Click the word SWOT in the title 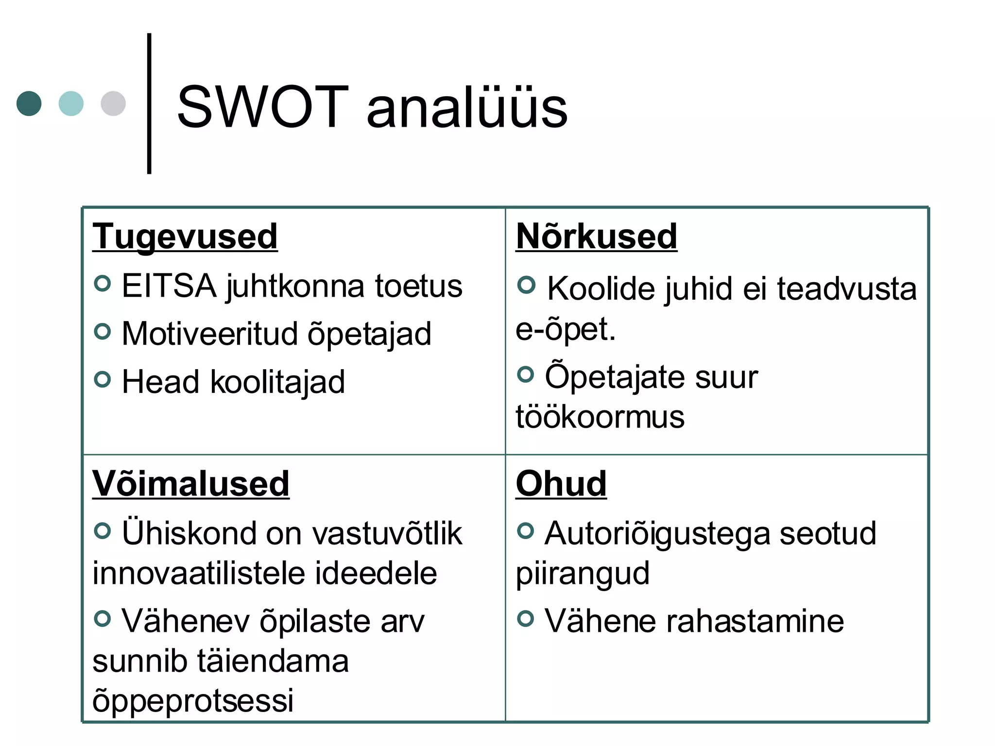click(262, 107)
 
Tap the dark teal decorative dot click(29, 103)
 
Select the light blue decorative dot click(71, 103)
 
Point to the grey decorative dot click(113, 103)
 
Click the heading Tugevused click(185, 237)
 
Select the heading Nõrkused click(596, 237)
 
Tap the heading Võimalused click(191, 484)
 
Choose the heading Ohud click(561, 484)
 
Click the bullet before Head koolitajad click(103, 379)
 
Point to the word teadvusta click(847, 289)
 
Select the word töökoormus click(600, 417)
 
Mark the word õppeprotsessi click(193, 701)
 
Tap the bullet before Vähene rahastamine click(526, 618)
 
